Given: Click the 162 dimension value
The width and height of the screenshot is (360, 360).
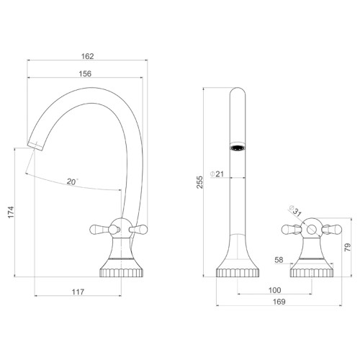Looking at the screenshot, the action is tap(87, 56).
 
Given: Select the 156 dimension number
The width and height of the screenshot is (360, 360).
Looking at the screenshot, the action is tap(85, 73).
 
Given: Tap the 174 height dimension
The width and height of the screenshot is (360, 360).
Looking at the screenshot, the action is tap(11, 212).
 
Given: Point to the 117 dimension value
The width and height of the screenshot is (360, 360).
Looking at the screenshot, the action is tap(78, 292).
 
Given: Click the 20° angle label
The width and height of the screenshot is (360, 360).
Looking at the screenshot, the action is tap(73, 181).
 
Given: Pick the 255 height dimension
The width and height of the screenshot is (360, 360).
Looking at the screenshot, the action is tap(199, 182).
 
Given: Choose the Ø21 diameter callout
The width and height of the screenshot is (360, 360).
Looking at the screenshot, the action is tap(217, 174).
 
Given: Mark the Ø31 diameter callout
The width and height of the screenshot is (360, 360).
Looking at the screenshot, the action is tap(295, 211).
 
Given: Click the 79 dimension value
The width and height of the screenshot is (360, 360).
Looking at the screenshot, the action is tap(347, 247).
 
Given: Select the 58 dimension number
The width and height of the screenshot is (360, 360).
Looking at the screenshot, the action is tap(279, 260).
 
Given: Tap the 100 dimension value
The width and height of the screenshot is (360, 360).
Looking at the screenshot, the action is tap(274, 290).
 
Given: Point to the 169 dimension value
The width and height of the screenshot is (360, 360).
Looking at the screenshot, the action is tap(279, 302).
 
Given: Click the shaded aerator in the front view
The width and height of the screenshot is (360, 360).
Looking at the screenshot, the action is tap(238, 147).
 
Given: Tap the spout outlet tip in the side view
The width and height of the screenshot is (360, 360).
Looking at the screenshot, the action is tap(35, 146).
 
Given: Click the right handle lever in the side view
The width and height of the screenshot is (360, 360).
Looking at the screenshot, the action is tap(138, 230).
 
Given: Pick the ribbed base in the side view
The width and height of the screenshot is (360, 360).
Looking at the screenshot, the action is tap(122, 273).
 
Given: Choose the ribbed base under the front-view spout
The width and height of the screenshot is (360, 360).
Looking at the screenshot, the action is tap(238, 273).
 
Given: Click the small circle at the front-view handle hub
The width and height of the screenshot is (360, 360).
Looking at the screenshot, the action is tap(312, 229).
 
